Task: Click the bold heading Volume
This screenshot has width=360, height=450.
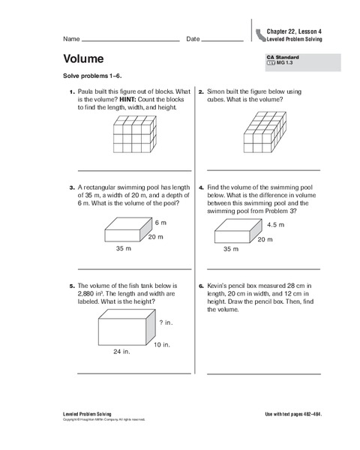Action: pyautogui.click(x=83, y=59)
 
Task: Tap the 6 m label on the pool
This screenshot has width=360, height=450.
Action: pyautogui.click(x=160, y=223)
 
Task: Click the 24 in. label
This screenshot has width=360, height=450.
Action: pyautogui.click(x=121, y=350)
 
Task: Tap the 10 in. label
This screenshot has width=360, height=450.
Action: pyautogui.click(x=162, y=344)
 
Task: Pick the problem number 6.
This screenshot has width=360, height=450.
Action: pyautogui.click(x=201, y=286)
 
